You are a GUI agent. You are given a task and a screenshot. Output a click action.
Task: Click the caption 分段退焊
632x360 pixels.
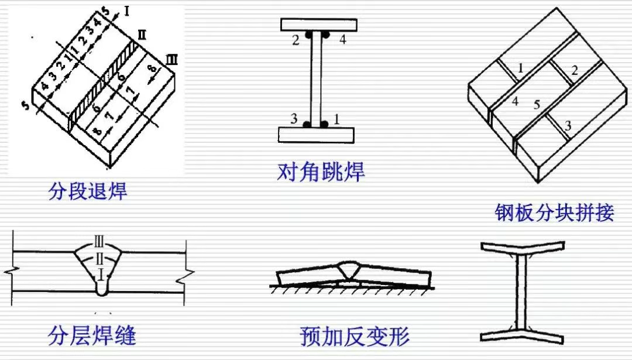(87, 191)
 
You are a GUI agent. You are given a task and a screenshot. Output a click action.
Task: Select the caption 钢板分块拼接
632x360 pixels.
(554, 212)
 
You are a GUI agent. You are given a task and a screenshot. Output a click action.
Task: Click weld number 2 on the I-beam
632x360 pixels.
(296, 40)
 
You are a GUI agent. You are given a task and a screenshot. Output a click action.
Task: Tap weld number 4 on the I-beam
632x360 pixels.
(343, 40)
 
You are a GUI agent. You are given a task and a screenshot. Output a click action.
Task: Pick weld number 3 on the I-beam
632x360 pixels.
(294, 118)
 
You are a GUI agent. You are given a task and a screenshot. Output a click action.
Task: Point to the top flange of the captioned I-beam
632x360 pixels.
(317, 25)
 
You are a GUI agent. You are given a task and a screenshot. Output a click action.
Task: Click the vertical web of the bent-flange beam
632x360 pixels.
(518, 293)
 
